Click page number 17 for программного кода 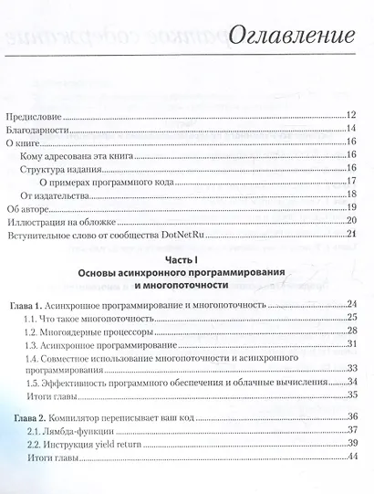(x=350, y=181)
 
